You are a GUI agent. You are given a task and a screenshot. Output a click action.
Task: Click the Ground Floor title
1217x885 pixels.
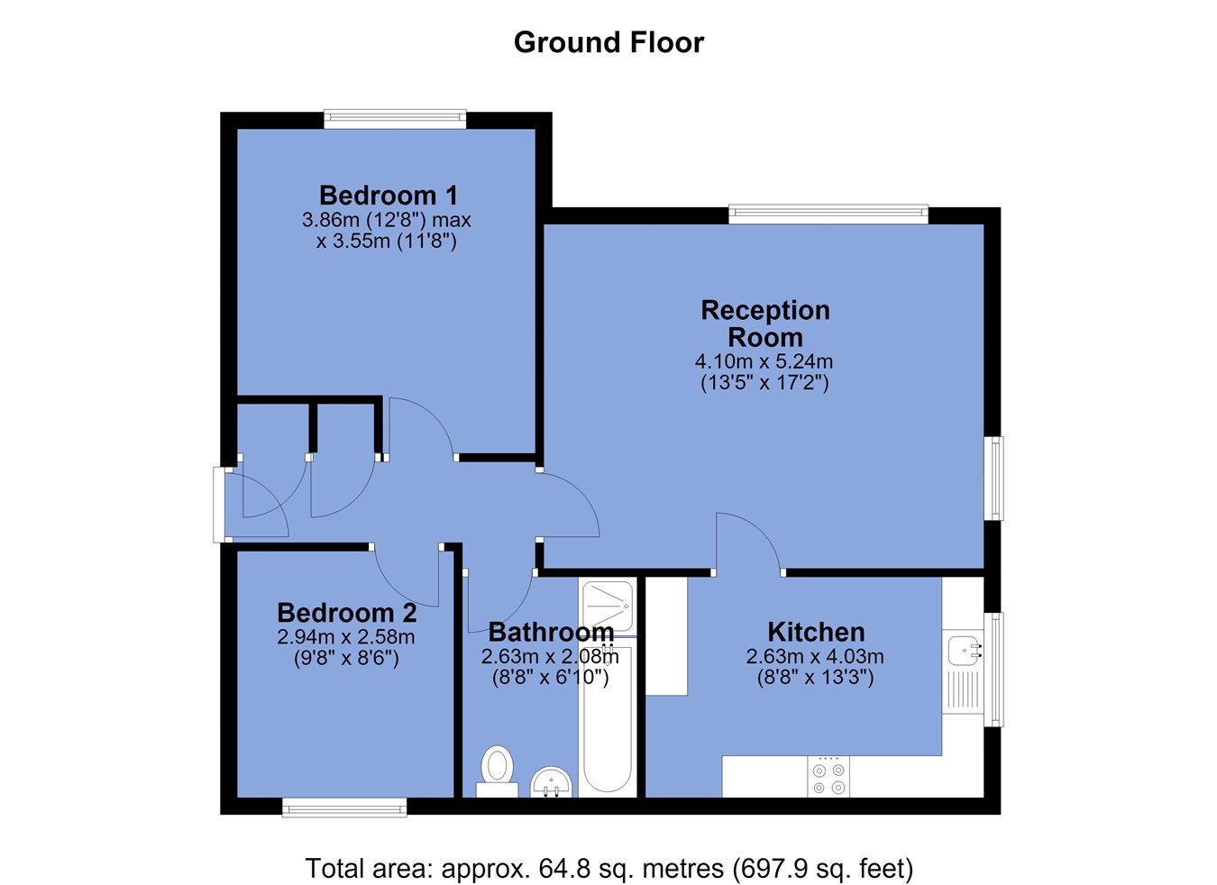pyautogui.click(x=608, y=42)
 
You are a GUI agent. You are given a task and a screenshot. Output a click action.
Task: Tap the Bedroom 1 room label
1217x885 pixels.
pyautogui.click(x=388, y=195)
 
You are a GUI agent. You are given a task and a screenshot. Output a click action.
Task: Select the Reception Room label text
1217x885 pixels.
pyautogui.click(x=765, y=324)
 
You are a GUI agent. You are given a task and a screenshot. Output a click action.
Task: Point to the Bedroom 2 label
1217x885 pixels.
pyautogui.click(x=347, y=613)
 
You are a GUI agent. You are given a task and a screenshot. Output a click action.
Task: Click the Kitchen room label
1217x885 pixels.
pyautogui.click(x=816, y=633)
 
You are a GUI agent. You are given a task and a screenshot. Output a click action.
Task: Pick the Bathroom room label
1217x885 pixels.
pyautogui.click(x=551, y=633)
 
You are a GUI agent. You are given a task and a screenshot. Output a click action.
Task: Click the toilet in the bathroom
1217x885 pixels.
pyautogui.click(x=497, y=771)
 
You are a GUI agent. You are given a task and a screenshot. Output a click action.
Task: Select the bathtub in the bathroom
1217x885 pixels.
pyautogui.click(x=607, y=718)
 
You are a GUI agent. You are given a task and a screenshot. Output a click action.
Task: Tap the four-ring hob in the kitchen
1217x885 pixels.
pyautogui.click(x=828, y=778)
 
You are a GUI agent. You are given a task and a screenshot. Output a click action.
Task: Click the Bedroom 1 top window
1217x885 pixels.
pyautogui.click(x=395, y=119)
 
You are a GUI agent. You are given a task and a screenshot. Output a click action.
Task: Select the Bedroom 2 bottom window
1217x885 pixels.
pyautogui.click(x=344, y=807)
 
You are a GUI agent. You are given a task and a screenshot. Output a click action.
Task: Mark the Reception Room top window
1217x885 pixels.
pyautogui.click(x=828, y=214)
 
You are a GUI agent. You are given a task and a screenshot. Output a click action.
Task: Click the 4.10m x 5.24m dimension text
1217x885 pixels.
pyautogui.click(x=764, y=361)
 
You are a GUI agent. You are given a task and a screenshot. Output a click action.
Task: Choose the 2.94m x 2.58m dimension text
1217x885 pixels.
pyautogui.click(x=346, y=637)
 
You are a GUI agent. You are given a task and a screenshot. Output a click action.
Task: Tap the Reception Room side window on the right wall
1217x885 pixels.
pyautogui.click(x=993, y=478)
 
